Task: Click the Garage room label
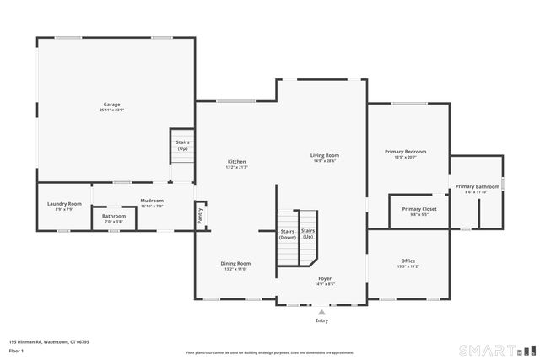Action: (x=112, y=105)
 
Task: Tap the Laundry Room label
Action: (x=64, y=203)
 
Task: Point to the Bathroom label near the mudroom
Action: (x=114, y=216)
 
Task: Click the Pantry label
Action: (x=200, y=216)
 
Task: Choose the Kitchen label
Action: (x=236, y=161)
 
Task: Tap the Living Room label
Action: (x=324, y=155)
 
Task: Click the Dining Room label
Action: (x=235, y=263)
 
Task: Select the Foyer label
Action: (x=325, y=278)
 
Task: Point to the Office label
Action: (x=408, y=261)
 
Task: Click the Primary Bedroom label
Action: (x=406, y=152)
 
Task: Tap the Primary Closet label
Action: (x=418, y=208)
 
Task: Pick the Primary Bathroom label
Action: (x=477, y=186)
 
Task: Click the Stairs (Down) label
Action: (x=288, y=234)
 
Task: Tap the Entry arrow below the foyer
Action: (x=321, y=312)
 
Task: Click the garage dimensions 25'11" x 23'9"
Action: (x=112, y=110)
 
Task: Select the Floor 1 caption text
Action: (x=17, y=350)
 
